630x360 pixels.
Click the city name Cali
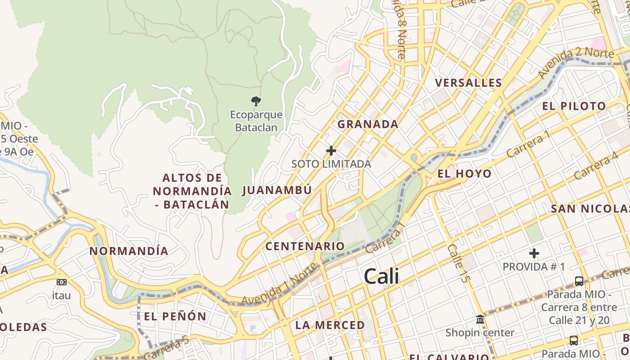(382, 276)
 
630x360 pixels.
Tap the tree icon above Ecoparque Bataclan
(256, 101)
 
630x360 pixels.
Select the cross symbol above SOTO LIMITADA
(331, 150)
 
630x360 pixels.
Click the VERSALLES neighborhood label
(468, 83)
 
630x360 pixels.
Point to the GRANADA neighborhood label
(368, 124)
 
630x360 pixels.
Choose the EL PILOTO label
(574, 106)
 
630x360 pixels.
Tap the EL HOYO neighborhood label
(464, 174)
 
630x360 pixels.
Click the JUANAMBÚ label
(277, 190)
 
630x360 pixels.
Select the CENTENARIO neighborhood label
(305, 246)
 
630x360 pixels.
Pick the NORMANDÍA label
(129, 251)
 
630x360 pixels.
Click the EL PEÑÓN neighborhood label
(175, 316)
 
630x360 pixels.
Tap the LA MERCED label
(330, 325)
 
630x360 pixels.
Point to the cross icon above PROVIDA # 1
(534, 253)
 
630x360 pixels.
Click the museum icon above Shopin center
(480, 319)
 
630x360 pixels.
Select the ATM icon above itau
(62, 282)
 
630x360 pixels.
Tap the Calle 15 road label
(457, 264)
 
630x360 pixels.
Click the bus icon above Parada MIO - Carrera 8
(579, 281)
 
